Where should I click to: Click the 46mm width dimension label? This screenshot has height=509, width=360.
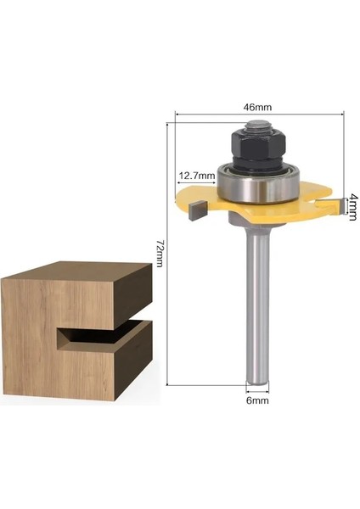pos(258,107)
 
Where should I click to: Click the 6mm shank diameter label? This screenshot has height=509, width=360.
pos(257,399)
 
